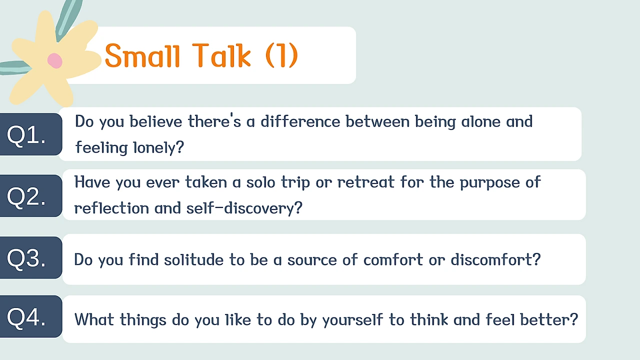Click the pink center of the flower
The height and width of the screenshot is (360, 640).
[x=55, y=60]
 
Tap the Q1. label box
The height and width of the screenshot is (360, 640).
[x=31, y=134]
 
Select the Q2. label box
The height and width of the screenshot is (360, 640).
[x=31, y=196]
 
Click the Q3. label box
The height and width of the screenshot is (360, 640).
[x=31, y=257]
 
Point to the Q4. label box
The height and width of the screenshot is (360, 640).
[x=31, y=316]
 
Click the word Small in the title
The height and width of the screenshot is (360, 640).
[x=142, y=55]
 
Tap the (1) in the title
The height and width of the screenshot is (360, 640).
[x=281, y=55]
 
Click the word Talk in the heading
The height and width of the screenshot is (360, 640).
[x=221, y=55]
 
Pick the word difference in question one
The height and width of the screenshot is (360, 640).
[x=300, y=121]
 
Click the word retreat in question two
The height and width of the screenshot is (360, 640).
[x=366, y=182]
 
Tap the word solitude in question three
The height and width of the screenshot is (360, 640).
[x=193, y=259]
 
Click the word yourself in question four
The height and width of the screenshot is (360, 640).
[x=353, y=319]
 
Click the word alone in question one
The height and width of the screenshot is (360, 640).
[x=481, y=121]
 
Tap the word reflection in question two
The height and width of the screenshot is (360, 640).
[x=111, y=207]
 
